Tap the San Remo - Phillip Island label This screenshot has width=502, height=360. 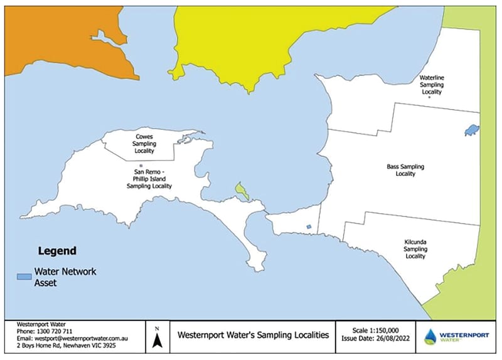tap(149, 179)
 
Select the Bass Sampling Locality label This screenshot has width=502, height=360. tap(405, 170)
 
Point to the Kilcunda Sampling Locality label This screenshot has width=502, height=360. tap(415, 248)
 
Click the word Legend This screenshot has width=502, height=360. tap(58, 251)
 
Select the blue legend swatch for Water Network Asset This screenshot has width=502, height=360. tap(24, 276)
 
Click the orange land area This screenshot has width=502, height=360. tap(56, 38)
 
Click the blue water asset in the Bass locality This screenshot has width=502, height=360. tap(472, 130)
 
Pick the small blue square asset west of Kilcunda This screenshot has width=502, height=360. tap(308, 227)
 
